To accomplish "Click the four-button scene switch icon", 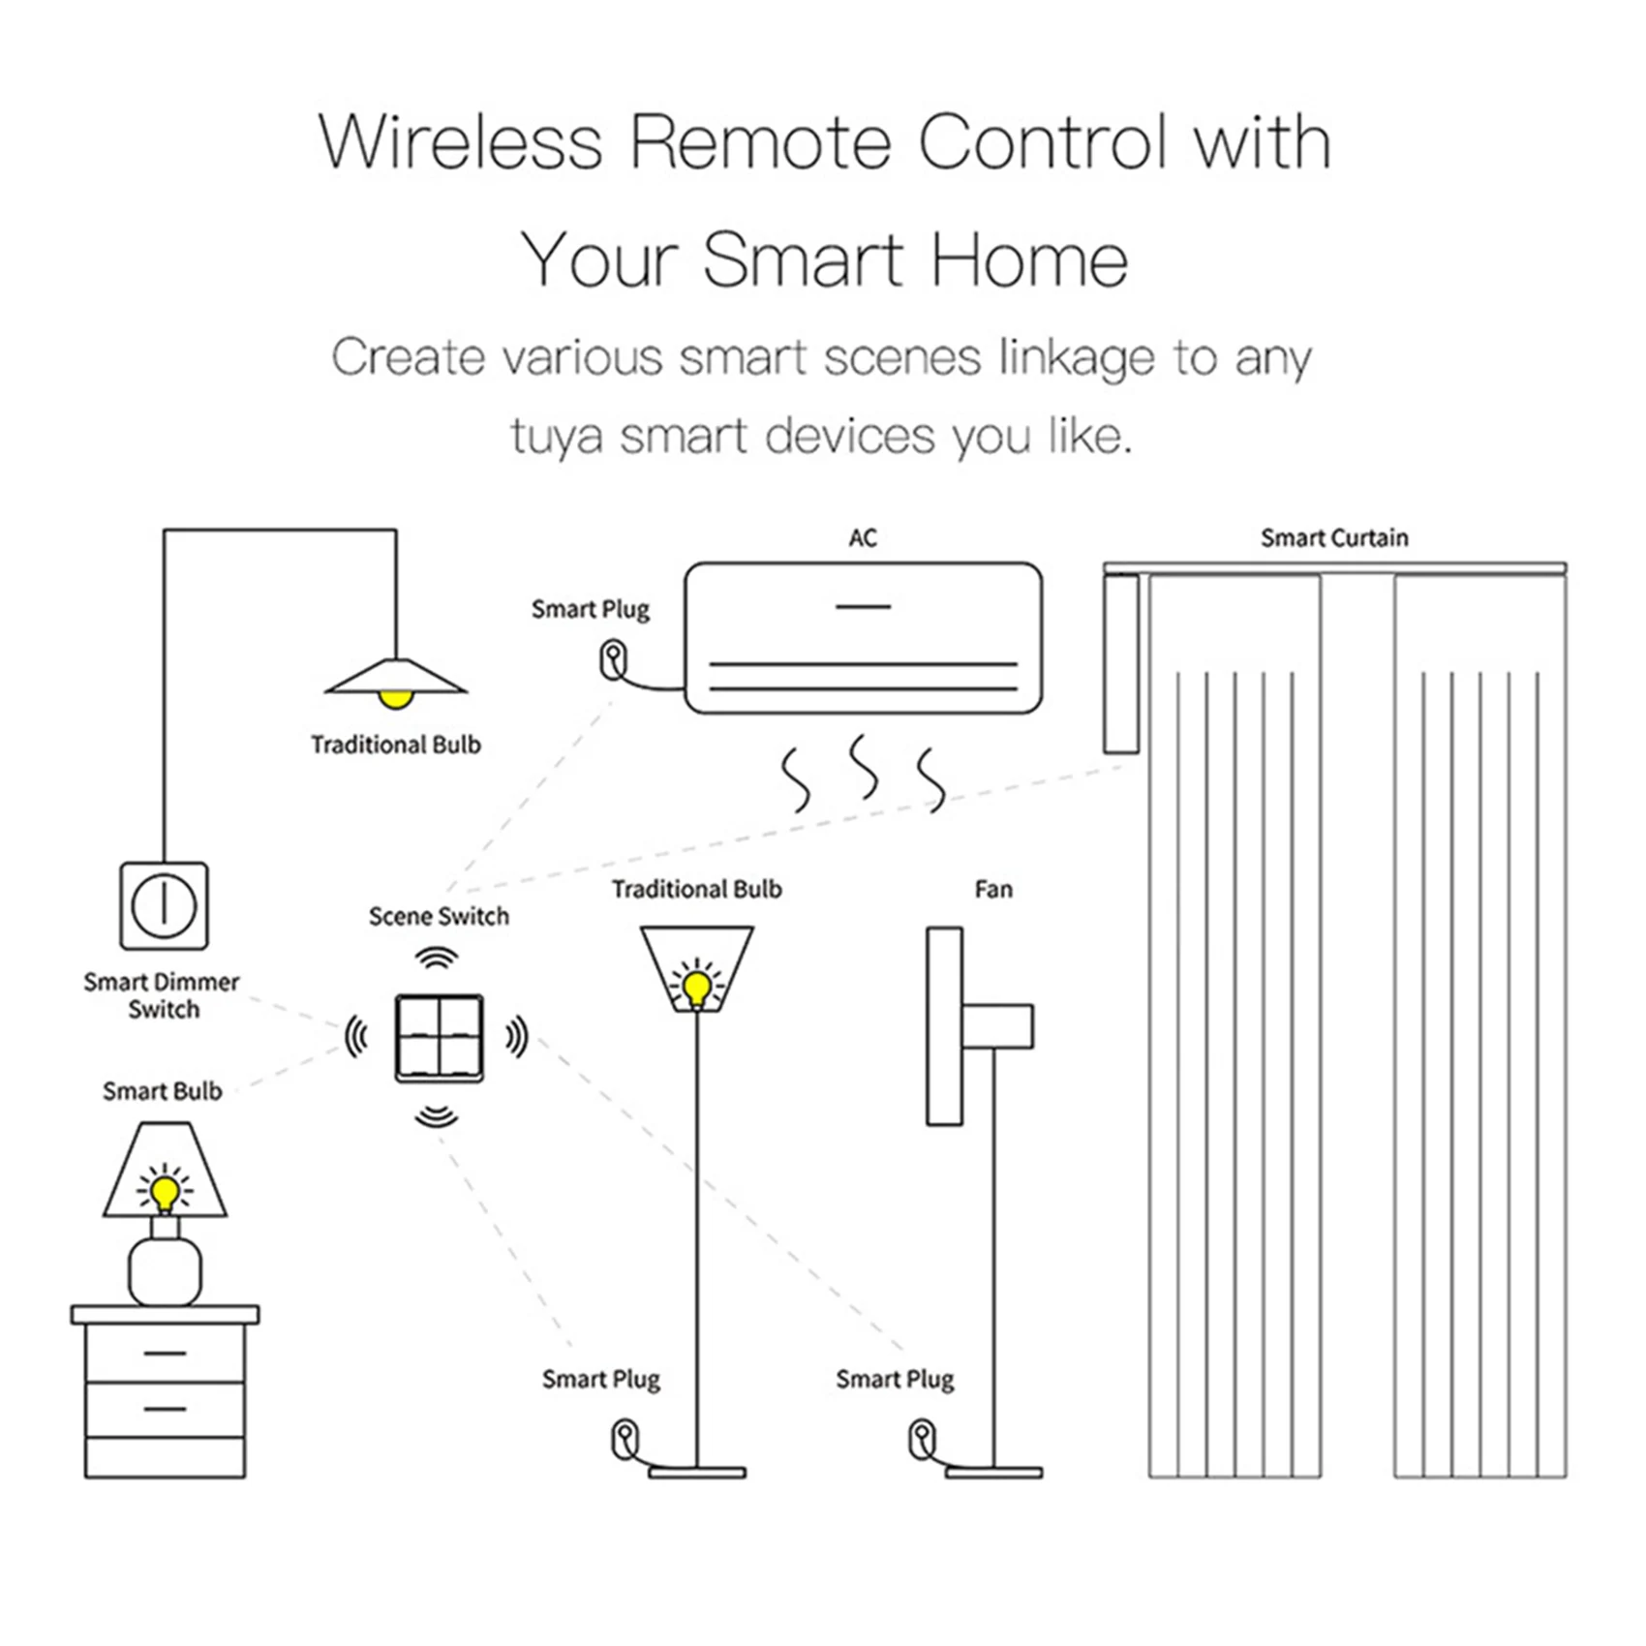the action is point(439,1037).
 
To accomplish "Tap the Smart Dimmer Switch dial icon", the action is point(164,905).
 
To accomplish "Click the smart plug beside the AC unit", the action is point(613,660).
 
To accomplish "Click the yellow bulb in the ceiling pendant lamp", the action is point(395,698).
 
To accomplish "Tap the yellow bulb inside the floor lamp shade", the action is point(697,988).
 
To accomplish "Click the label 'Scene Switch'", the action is point(439,916).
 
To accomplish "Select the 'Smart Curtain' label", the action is point(1334,538).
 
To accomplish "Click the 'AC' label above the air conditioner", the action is point(863,538).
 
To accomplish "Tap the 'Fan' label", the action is point(993,889).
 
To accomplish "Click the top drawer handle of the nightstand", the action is point(165,1353).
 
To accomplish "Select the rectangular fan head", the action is point(944,1026).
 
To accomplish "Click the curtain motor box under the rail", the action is point(1121,663).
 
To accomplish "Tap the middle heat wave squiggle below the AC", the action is point(864,768).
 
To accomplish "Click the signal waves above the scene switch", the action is point(437,958).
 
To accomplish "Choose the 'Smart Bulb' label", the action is point(163,1091).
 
